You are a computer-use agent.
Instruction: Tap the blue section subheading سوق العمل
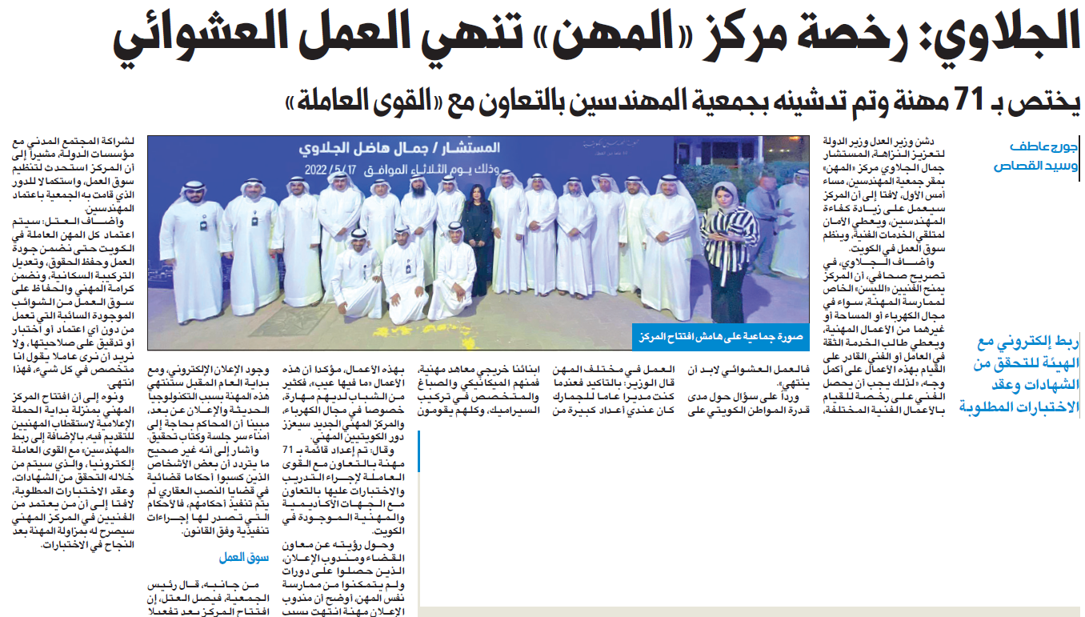coord(241,558)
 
